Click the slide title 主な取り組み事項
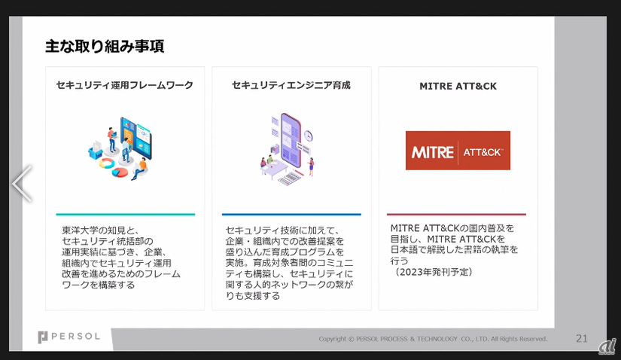pyautogui.click(x=105, y=46)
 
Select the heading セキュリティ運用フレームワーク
pyautogui.click(x=124, y=86)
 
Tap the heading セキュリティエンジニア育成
pyautogui.click(x=291, y=86)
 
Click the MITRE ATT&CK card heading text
pyautogui.click(x=458, y=87)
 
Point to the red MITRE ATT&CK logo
pyautogui.click(x=458, y=151)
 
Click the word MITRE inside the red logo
pyautogui.click(x=433, y=152)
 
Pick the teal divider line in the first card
pyautogui.click(x=125, y=215)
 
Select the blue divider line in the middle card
pyautogui.click(x=291, y=215)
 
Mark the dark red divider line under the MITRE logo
pyautogui.click(x=457, y=215)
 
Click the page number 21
pyautogui.click(x=582, y=338)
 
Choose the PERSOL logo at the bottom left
pyautogui.click(x=68, y=337)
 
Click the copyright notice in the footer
pyautogui.click(x=432, y=339)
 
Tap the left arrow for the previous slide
pyautogui.click(x=22, y=183)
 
